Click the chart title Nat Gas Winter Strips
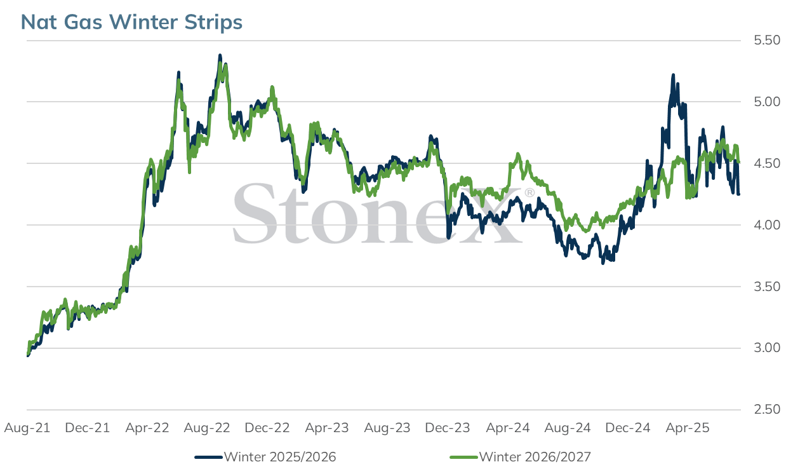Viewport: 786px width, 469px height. click(131, 22)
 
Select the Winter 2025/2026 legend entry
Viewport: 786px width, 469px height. click(265, 457)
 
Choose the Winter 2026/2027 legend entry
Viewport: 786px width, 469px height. click(521, 457)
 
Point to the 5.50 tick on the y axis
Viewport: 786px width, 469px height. click(767, 40)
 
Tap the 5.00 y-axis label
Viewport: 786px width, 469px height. click(767, 102)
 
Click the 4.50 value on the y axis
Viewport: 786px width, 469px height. click(767, 163)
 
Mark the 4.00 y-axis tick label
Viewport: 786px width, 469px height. click(767, 225)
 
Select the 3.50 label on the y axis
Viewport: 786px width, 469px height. click(767, 287)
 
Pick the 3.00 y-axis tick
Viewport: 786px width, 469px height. click(767, 348)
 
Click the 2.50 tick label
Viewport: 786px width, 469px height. click(767, 410)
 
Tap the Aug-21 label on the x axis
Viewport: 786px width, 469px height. click(27, 428)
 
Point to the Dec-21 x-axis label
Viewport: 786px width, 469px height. click(88, 428)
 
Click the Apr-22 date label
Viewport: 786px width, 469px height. click(147, 428)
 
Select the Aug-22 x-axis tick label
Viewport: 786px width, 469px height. click(207, 428)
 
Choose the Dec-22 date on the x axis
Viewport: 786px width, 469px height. click(267, 428)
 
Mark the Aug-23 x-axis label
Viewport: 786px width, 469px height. click(387, 428)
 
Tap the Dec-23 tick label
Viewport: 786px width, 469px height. click(448, 428)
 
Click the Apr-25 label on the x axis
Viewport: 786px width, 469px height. click(688, 428)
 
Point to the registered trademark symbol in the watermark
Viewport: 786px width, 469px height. click(530, 193)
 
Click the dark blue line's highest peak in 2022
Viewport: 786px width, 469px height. click(220, 55)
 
